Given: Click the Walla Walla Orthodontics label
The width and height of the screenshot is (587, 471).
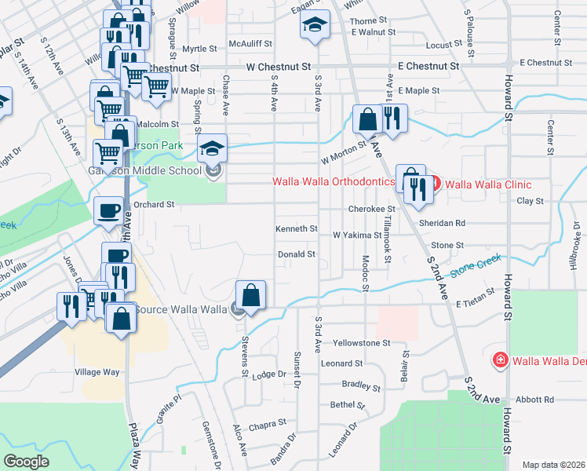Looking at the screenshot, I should (333, 181).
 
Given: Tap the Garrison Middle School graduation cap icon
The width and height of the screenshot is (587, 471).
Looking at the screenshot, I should (211, 147).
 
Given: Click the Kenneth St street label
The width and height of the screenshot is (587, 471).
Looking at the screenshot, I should (296, 228).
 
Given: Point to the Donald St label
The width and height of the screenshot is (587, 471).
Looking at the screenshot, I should (297, 254).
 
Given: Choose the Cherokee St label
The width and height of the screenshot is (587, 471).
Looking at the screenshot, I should (370, 210).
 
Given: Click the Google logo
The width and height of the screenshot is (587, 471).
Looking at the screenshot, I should (27, 462).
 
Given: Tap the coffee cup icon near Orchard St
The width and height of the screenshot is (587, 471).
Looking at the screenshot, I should (109, 210).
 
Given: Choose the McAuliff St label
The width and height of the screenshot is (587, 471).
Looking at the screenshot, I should (250, 45).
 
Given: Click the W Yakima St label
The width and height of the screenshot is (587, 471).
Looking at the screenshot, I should (356, 235).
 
